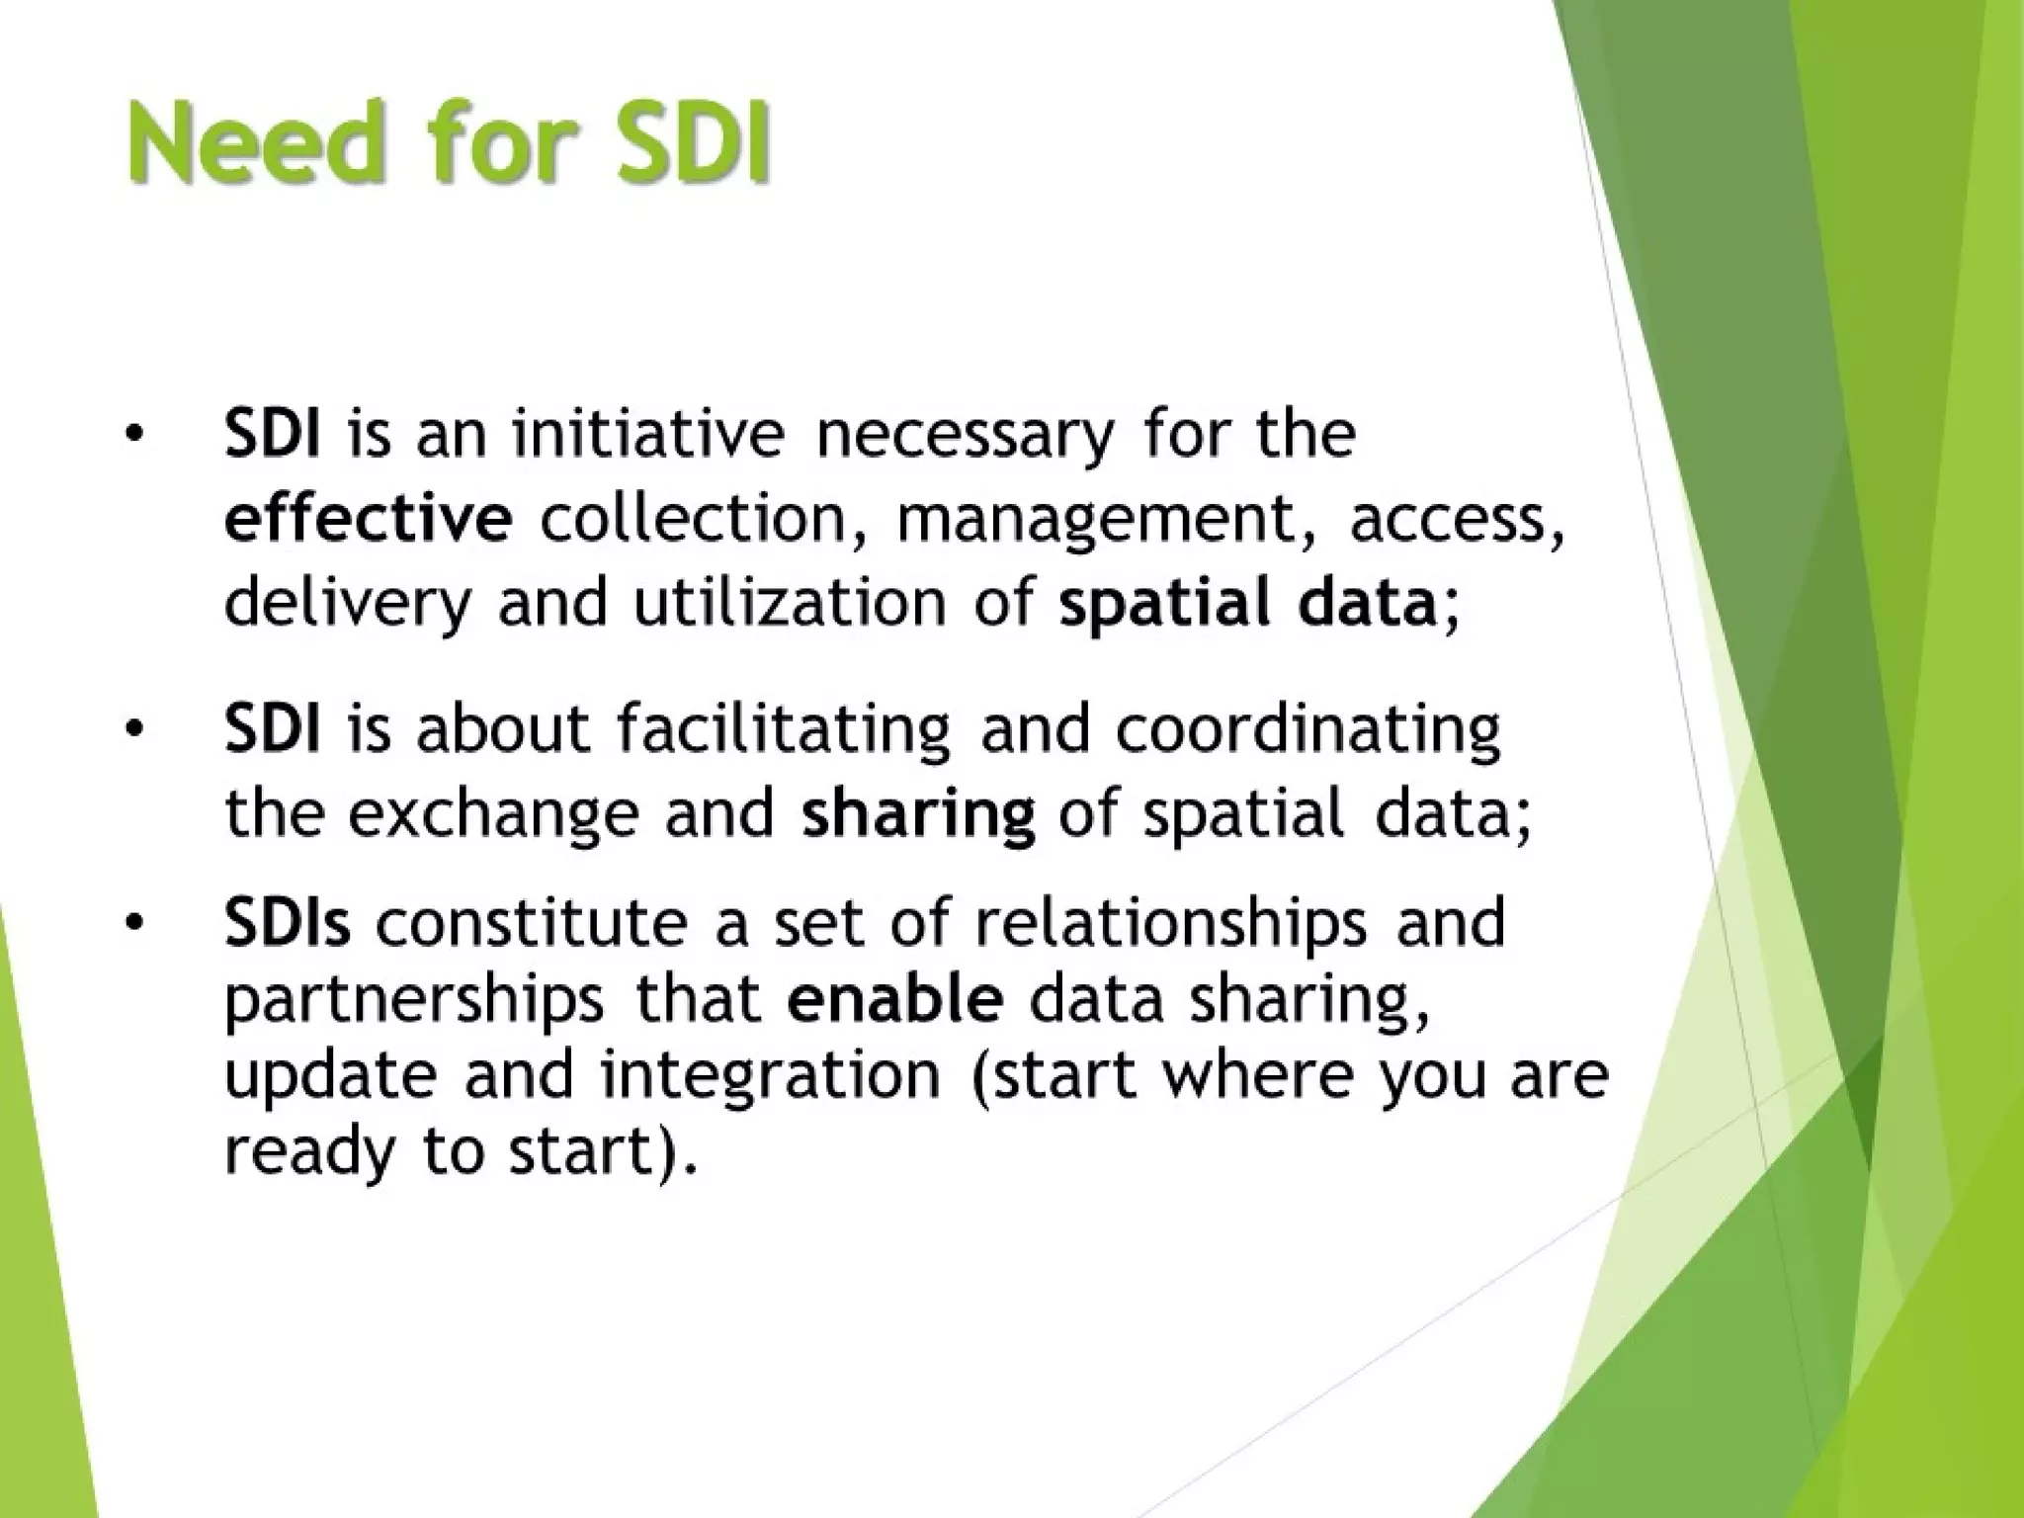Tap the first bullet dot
click(x=135, y=435)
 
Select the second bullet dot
click(x=135, y=729)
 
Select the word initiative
click(x=647, y=435)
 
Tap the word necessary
click(x=964, y=437)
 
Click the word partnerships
click(x=413, y=1000)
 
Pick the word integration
click(x=770, y=1077)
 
